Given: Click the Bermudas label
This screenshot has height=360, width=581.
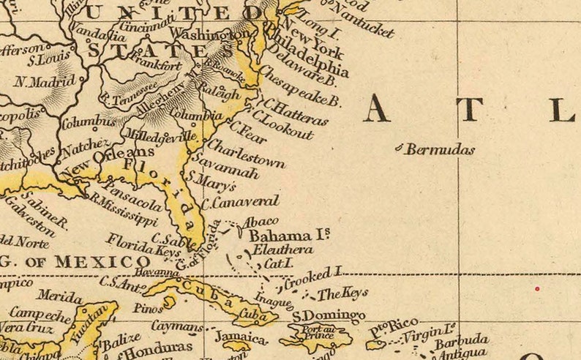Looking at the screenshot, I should click(x=440, y=150).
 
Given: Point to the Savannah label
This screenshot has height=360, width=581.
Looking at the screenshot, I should click(x=233, y=167).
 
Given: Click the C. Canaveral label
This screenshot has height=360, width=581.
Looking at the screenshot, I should click(x=241, y=201).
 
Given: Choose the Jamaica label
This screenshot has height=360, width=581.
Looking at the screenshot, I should click(x=241, y=337).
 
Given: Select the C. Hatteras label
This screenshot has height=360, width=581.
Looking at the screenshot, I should click(x=296, y=112).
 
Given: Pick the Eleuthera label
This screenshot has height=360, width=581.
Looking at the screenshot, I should click(x=282, y=250).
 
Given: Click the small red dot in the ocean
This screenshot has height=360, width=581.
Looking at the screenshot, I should click(x=537, y=289).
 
